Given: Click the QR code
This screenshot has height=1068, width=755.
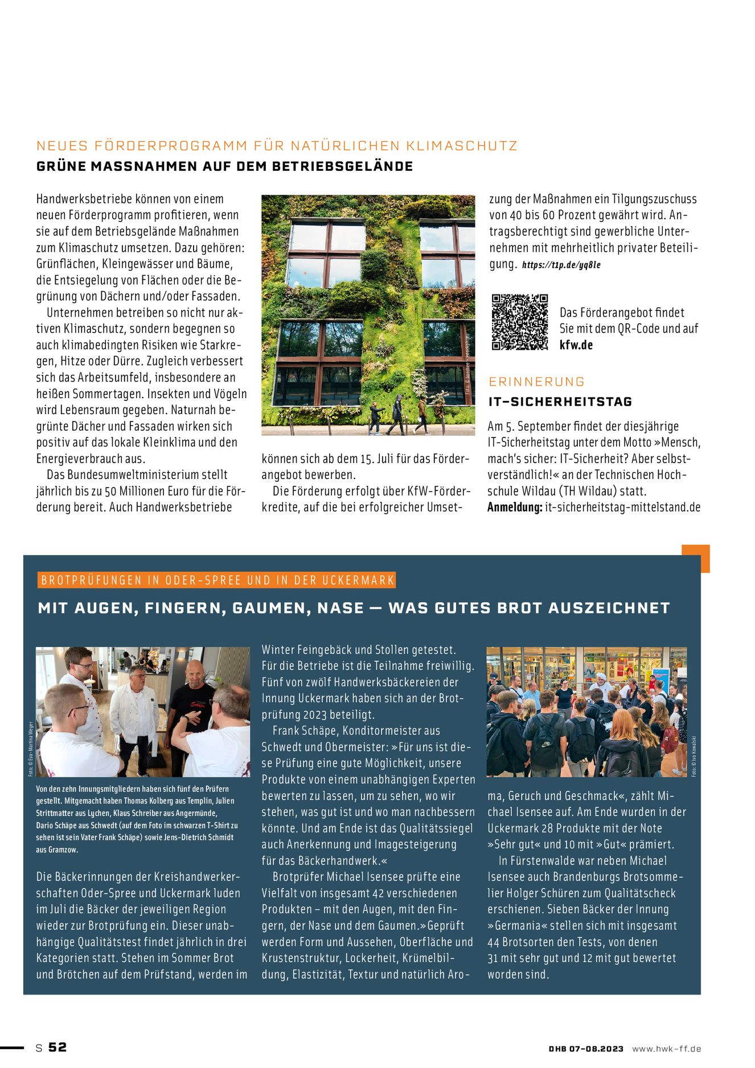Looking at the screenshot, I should (x=519, y=322).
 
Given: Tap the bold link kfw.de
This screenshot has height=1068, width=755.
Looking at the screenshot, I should (x=576, y=345).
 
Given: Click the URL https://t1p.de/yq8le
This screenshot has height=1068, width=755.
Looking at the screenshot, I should (x=561, y=265).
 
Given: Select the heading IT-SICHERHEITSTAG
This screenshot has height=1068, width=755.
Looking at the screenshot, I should (x=560, y=402).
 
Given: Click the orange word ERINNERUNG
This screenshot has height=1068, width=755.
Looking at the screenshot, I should (x=537, y=382).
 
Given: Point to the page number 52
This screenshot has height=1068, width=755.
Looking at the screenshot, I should (x=58, y=1047).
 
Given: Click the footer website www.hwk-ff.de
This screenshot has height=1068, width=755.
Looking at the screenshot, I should (x=666, y=1049).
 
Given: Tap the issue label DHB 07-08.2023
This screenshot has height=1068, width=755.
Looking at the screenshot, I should (x=586, y=1049).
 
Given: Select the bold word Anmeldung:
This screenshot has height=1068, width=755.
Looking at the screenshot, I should (x=515, y=507).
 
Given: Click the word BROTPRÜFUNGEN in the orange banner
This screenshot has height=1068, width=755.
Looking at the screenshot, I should (x=91, y=580).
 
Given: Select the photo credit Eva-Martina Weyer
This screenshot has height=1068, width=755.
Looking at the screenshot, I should (x=31, y=748).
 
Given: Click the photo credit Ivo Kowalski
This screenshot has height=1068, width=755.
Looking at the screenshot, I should (x=694, y=756).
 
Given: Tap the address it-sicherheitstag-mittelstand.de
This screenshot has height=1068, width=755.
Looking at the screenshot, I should (x=622, y=507).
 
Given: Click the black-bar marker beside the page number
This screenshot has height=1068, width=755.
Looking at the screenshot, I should (x=12, y=1047).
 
